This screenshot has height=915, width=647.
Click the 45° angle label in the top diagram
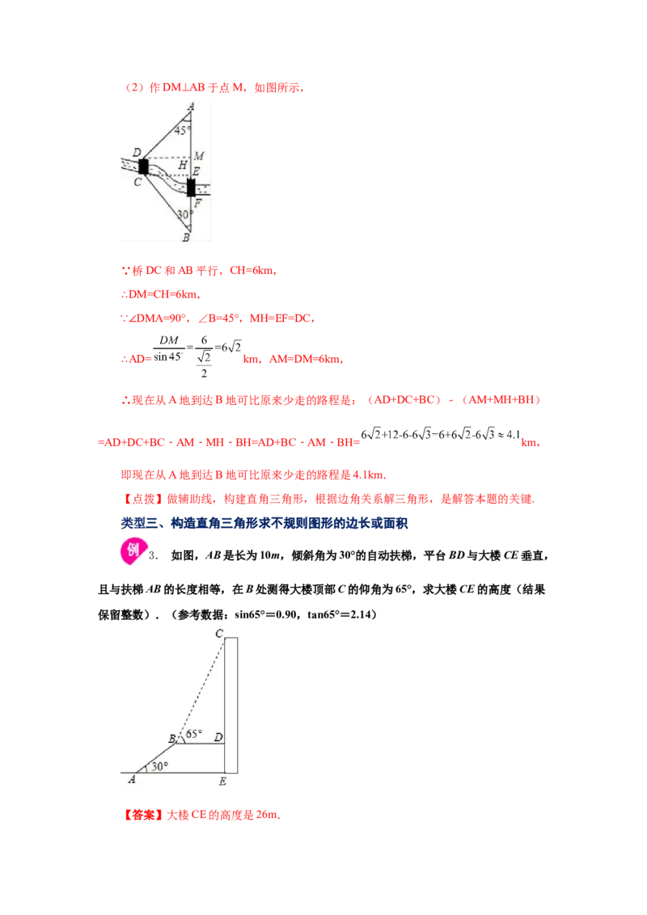tap(183, 129)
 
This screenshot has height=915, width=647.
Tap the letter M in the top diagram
tap(198, 155)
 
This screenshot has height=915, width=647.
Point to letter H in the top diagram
tap(183, 166)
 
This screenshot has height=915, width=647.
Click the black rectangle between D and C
tap(143, 167)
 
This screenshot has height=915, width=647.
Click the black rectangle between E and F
tap(191, 188)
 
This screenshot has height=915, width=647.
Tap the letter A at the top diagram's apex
tap(191, 105)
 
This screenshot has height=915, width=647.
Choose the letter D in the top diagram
tap(137, 153)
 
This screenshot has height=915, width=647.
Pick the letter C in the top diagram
tap(137, 182)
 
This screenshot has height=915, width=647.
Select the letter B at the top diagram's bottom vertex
tap(186, 238)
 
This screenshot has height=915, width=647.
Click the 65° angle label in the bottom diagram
tap(194, 734)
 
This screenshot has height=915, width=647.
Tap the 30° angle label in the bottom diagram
tap(159, 766)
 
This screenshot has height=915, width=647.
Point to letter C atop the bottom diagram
tap(218, 634)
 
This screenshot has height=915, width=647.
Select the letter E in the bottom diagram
tap(222, 781)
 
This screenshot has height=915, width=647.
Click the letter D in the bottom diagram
tap(218, 737)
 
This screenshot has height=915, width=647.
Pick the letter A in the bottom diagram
tap(131, 780)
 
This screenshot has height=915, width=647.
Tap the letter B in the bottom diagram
tap(171, 738)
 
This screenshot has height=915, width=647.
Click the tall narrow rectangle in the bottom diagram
tap(231, 705)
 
